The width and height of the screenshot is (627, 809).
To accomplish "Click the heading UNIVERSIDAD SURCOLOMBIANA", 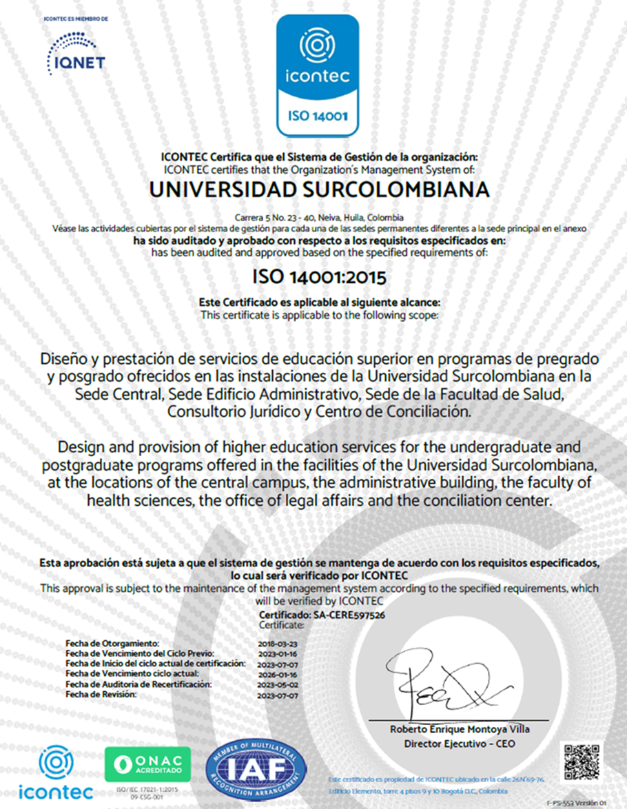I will click(319, 189).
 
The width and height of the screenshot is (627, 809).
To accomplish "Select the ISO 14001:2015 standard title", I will click(319, 277).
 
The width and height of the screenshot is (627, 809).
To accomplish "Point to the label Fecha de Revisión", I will click(101, 695).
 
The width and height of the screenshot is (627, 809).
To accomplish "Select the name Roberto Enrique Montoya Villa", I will click(460, 729).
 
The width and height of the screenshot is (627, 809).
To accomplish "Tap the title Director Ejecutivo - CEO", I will click(460, 744).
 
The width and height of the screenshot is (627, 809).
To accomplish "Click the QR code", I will click(581, 761).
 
